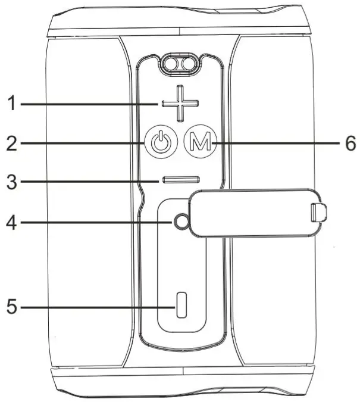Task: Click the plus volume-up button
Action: coord(179,104)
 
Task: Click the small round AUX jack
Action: coord(182,222)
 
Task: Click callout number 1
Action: coord(10,104)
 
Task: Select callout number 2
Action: coord(11,144)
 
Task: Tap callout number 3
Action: coord(11,180)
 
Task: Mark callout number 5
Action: coord(11,307)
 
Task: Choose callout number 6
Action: coord(350,143)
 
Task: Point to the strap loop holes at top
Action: coord(181,64)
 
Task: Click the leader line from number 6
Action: coord(274,143)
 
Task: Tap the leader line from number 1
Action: coord(89,104)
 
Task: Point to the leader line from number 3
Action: coord(89,180)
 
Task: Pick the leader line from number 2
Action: coord(83,144)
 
